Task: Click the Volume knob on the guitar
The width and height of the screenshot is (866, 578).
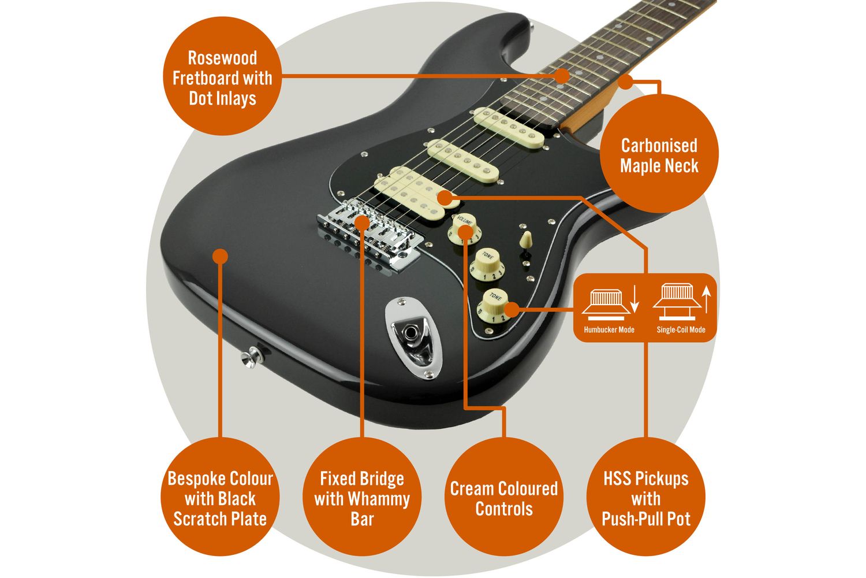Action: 464,229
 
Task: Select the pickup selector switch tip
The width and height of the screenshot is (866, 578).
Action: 525,239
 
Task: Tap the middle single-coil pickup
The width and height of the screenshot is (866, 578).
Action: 463,161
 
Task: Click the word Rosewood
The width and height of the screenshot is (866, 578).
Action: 222,58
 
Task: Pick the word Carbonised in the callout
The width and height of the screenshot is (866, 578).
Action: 659,146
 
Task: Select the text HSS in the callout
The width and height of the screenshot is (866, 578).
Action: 617,479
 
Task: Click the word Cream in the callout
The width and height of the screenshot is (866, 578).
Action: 471,488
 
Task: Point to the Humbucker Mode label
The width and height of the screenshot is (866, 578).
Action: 609,330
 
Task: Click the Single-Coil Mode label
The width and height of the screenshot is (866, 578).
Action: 681,330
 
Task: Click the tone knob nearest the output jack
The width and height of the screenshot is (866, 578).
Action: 493,305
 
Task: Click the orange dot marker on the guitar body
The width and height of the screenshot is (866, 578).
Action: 220,256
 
